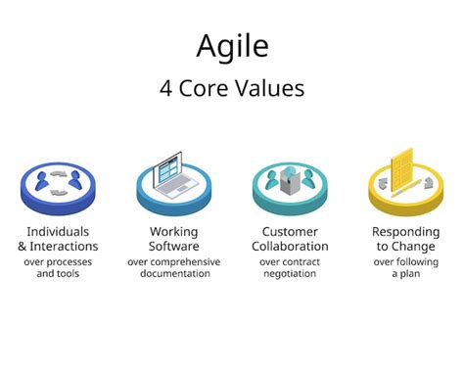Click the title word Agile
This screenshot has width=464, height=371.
click(232, 46)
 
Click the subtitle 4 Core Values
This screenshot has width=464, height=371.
click(232, 88)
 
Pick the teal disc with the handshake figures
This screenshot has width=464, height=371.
click(290, 183)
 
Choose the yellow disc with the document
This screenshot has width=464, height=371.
click(405, 181)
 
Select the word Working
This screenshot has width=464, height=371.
click(174, 232)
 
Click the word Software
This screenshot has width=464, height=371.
click(174, 247)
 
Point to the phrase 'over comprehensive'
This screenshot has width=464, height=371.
click(174, 261)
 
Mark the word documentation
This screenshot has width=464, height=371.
click(174, 274)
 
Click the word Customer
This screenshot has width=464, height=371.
click(290, 232)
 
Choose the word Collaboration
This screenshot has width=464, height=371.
click(290, 247)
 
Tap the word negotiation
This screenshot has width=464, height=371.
click(290, 274)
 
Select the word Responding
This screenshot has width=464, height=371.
click(405, 232)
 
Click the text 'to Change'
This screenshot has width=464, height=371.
click(405, 247)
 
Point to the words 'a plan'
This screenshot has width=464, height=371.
click(405, 274)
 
